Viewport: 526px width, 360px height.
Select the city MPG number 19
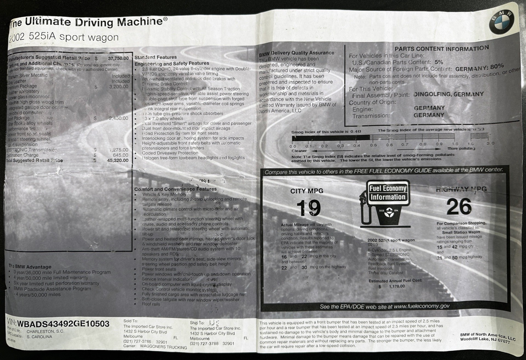point(308,209)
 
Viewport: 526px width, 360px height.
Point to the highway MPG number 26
point(459,207)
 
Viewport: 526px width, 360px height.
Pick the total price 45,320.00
point(118,160)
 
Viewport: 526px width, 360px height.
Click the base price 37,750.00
point(118,58)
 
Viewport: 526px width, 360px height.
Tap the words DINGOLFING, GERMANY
point(448,94)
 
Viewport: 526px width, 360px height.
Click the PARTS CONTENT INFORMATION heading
point(442,49)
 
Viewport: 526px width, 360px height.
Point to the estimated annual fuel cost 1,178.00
point(397,286)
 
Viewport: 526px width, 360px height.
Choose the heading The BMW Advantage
point(30,267)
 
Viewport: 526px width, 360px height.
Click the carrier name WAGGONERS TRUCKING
point(164,347)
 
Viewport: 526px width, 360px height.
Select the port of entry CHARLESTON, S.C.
point(45,331)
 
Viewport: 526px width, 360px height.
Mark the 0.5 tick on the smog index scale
point(373,145)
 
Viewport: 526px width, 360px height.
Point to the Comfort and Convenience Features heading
point(175,189)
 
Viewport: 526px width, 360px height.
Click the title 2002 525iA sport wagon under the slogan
point(64,38)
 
